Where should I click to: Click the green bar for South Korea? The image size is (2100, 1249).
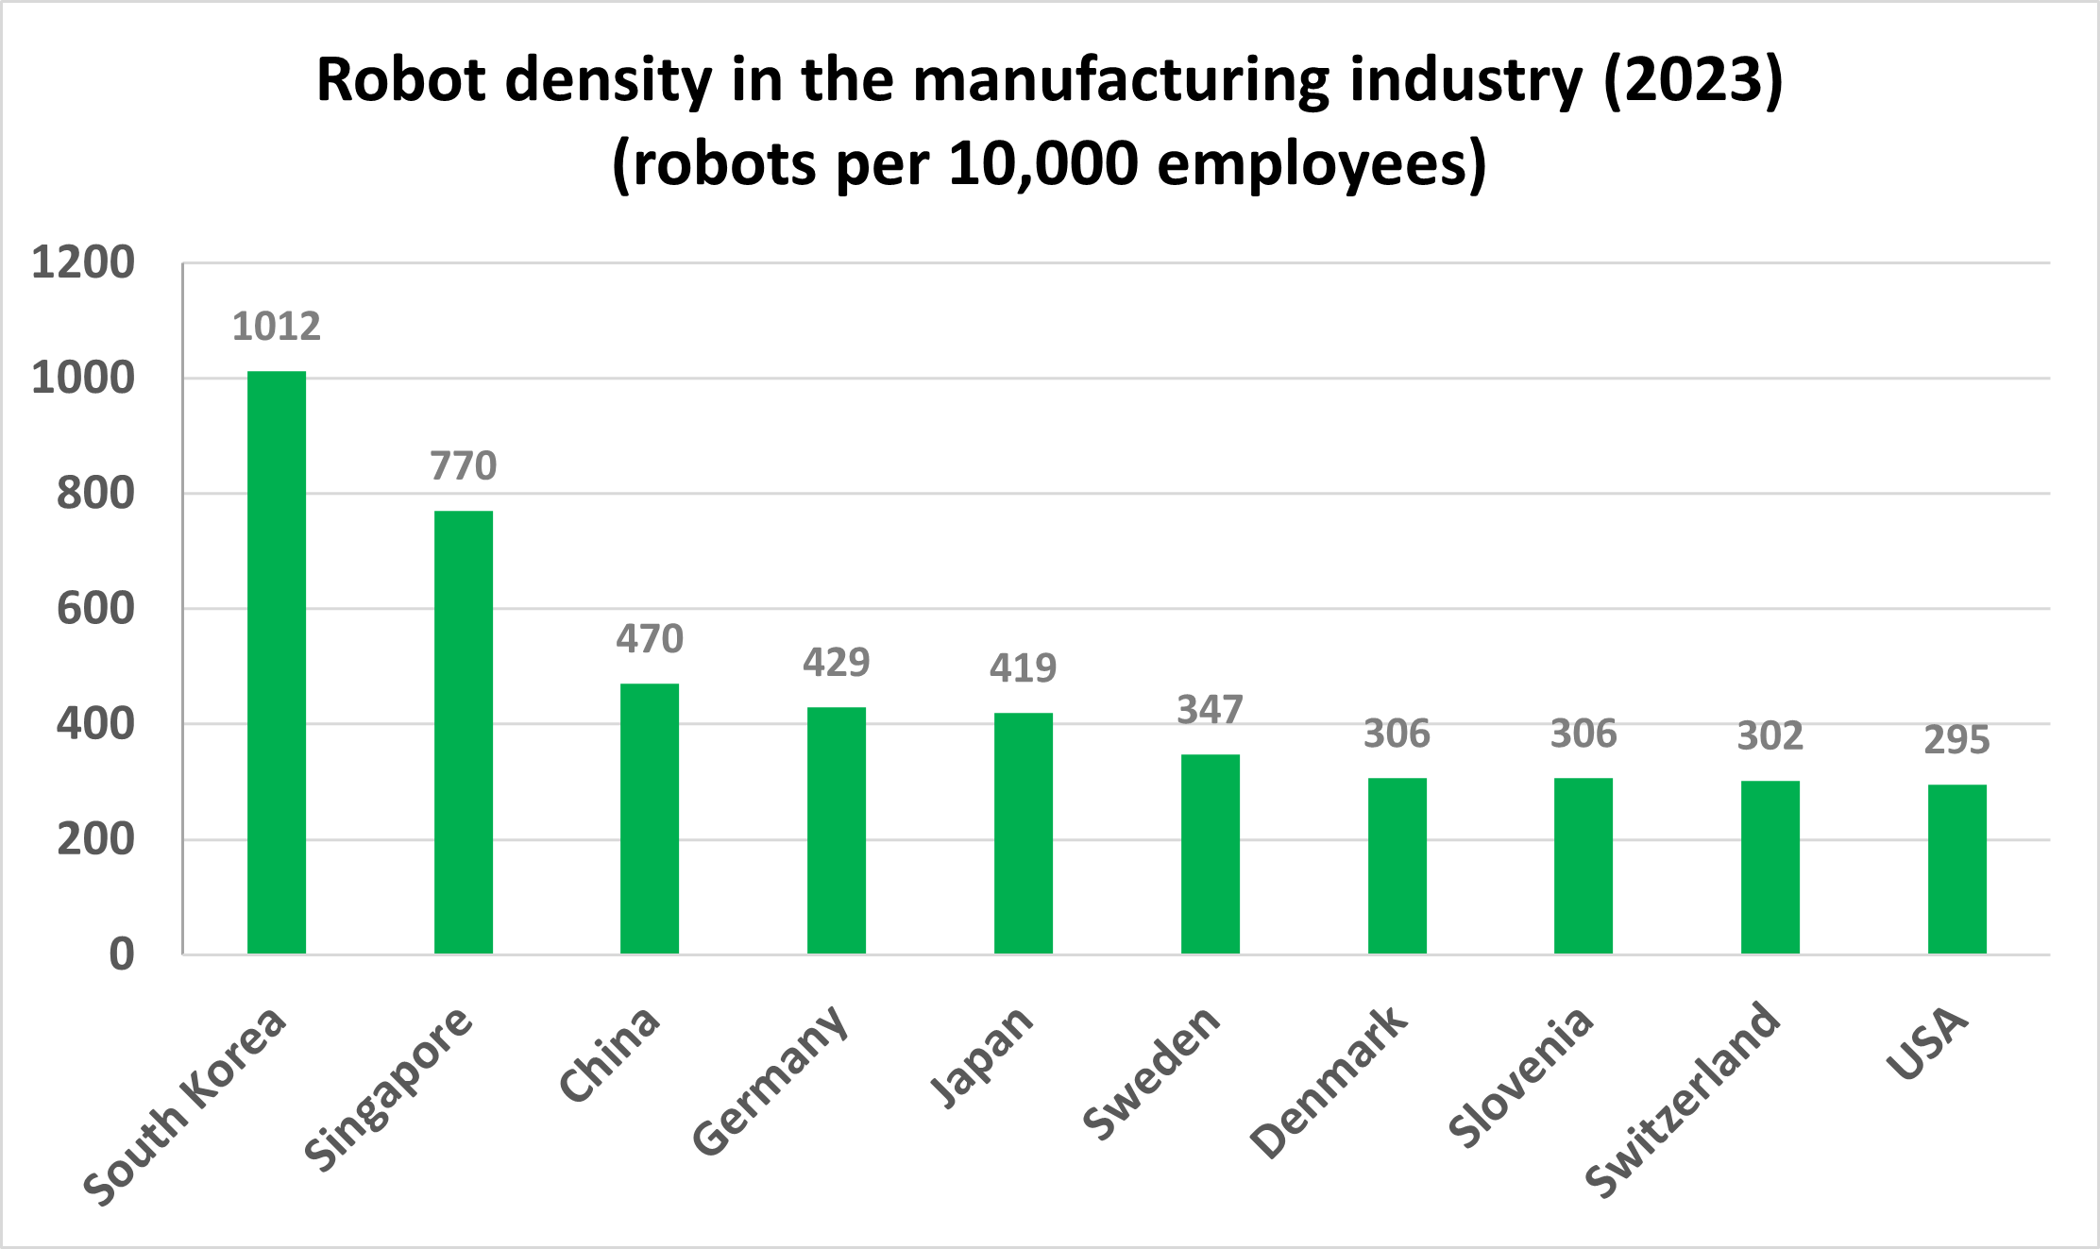[x=277, y=661]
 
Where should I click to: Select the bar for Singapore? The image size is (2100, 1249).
[x=464, y=732]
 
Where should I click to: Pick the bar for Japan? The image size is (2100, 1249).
[x=1024, y=833]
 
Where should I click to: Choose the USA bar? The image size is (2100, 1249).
[x=1957, y=869]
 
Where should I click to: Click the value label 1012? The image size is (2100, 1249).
[x=277, y=327]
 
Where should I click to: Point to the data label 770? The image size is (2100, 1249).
[x=464, y=465]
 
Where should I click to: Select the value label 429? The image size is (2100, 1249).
[x=837, y=662]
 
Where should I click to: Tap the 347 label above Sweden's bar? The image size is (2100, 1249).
[x=1210, y=709]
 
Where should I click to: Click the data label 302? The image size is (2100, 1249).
[x=1770, y=735]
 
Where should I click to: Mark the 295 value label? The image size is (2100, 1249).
[x=1957, y=739]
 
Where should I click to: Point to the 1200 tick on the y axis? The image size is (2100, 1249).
[x=83, y=262]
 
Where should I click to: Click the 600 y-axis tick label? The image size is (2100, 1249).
[x=95, y=609]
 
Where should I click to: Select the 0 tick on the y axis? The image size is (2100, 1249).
[x=122, y=954]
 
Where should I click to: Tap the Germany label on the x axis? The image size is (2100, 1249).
[x=770, y=1081]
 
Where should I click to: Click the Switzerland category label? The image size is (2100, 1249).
[x=1683, y=1100]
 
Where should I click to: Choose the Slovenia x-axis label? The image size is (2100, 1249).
[x=1521, y=1077]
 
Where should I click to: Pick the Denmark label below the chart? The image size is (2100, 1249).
[x=1329, y=1082]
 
